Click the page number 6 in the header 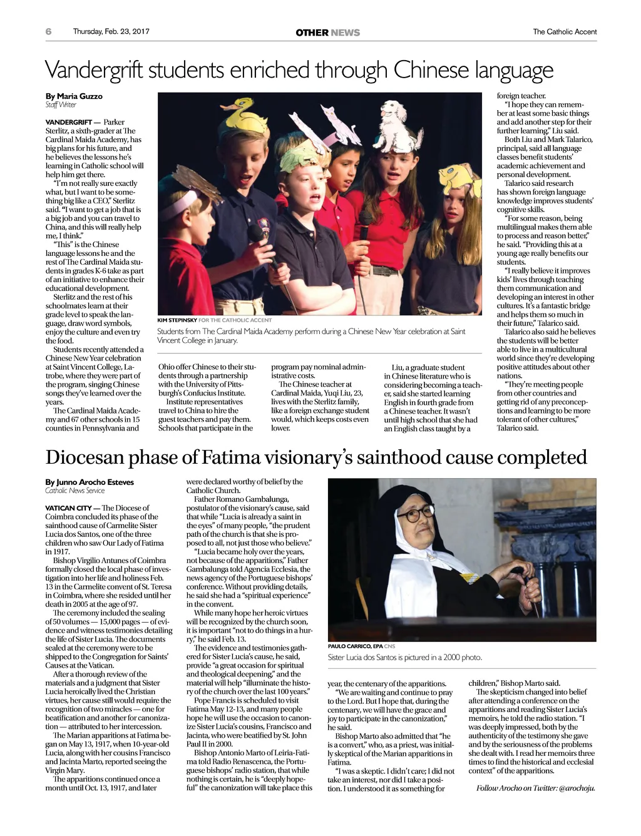tap(49, 31)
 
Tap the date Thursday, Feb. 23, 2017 tap(111, 31)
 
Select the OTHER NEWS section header tap(327, 33)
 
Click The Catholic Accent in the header tap(565, 31)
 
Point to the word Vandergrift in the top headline tap(95, 70)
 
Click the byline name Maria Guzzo tap(79, 96)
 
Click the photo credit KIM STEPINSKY tap(177, 320)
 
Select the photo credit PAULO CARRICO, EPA tap(355, 646)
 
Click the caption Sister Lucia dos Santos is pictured tap(404, 657)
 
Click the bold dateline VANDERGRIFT tap(68, 122)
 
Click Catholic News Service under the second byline tap(74, 491)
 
